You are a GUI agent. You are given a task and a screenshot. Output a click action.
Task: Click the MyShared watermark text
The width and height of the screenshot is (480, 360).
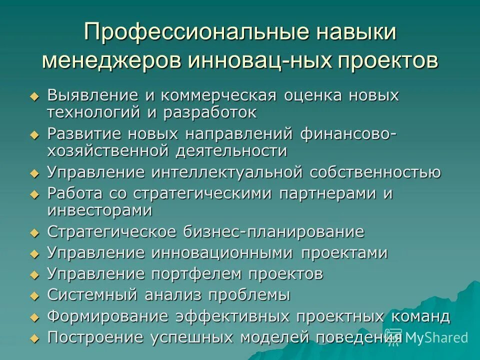point(436,337)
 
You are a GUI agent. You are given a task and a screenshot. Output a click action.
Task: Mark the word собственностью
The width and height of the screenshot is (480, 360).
point(375,172)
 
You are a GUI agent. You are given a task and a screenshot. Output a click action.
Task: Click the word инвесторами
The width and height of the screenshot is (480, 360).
point(99,210)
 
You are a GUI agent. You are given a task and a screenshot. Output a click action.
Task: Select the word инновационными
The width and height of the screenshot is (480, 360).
point(223,253)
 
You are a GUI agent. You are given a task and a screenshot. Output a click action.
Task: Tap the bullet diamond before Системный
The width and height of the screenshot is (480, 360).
point(34,295)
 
